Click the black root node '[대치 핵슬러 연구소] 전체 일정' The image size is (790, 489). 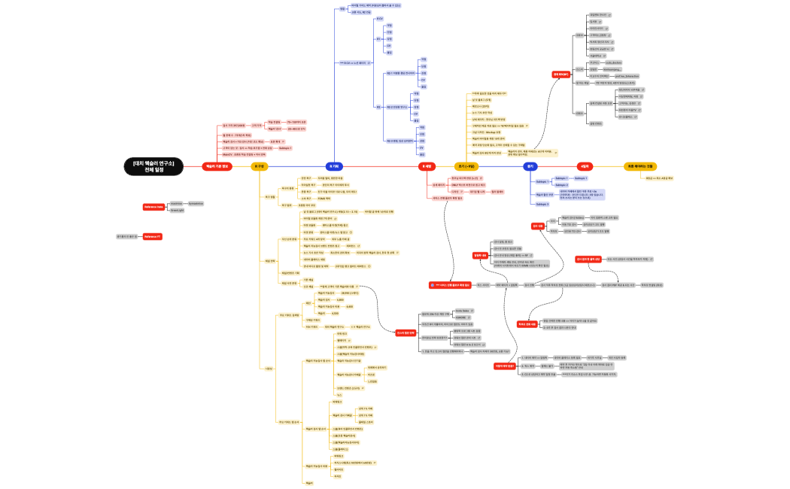153,166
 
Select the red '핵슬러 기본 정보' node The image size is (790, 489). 217,166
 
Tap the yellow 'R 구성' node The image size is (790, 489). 258,166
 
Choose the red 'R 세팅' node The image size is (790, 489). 426,166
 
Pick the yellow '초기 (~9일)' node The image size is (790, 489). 466,166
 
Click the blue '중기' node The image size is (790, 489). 530,166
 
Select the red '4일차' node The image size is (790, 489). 584,166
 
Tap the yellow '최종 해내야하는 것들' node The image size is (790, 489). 640,166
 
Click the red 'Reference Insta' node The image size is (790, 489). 153,207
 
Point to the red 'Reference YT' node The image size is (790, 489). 153,236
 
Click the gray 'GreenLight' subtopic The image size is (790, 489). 178,211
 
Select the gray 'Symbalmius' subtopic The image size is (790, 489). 195,203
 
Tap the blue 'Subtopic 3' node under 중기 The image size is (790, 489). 542,204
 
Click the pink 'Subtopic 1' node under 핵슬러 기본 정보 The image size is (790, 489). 285,148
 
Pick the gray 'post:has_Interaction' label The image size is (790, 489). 626,76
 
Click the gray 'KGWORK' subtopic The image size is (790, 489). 463,317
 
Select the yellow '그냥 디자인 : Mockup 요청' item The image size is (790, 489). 490,132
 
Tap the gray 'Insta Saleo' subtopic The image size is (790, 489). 463,310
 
